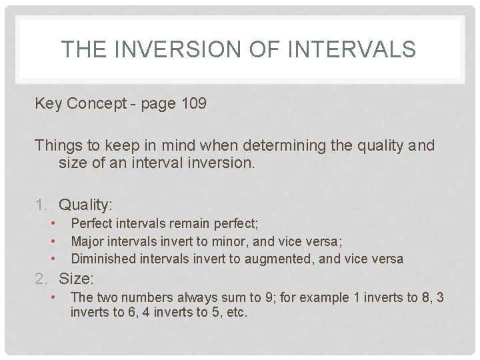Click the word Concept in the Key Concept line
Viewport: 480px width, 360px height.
97,104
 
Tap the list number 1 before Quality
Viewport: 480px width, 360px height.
40,205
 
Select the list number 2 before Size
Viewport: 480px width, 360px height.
40,278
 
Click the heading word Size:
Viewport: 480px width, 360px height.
76,278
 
